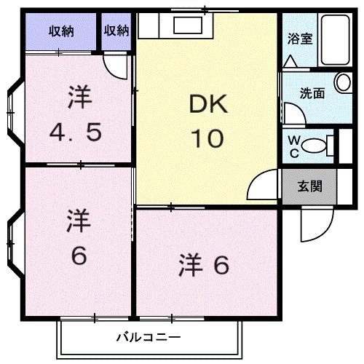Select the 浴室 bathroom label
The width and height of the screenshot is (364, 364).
coord(300,39)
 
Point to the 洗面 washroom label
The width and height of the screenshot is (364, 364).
coord(313,93)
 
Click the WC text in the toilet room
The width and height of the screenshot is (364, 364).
coord(293,145)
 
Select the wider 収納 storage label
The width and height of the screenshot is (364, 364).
coord(62,31)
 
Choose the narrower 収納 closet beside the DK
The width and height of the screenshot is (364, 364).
coord(116,31)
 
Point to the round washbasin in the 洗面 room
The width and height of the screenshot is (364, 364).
coord(341,82)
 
